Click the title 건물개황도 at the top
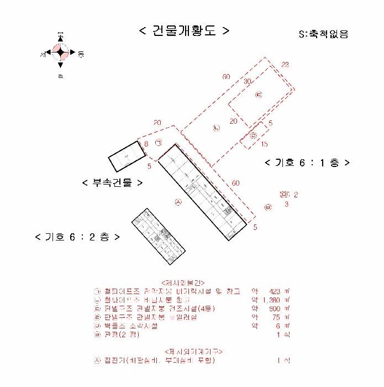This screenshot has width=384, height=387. tap(183, 30)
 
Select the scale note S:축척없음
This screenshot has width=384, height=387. tap(323, 34)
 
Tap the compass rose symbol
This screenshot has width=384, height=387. tap(60, 53)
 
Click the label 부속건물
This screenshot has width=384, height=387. tap(112, 182)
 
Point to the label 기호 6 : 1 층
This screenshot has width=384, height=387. tap(307, 163)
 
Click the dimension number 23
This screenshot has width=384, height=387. tap(285, 65)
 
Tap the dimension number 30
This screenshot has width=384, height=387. tap(248, 81)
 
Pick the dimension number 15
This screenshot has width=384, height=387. tap(265, 144)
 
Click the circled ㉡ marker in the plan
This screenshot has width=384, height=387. tap(217, 128)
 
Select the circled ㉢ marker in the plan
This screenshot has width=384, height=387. tap(258, 95)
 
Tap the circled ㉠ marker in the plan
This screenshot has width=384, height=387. tap(159, 143)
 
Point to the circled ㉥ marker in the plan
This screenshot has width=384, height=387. tap(268, 207)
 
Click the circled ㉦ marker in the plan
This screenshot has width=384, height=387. tap(178, 203)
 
